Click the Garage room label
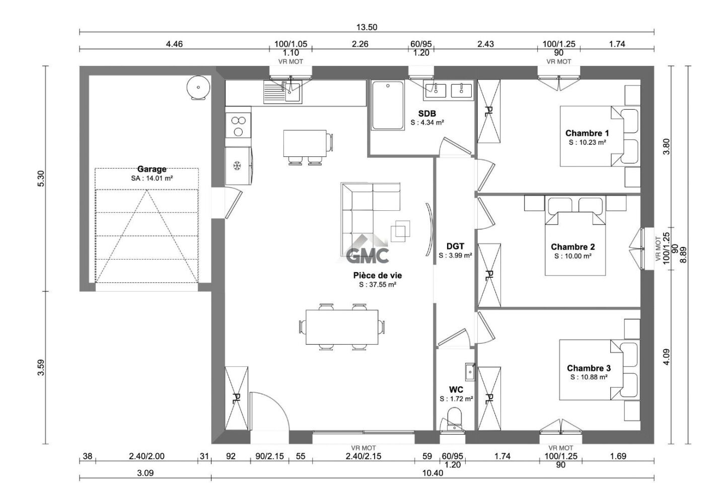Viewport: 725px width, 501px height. [152, 170]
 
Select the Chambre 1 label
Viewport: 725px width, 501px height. [587, 133]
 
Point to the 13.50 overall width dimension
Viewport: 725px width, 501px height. [367, 27]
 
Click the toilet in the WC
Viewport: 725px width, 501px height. [455, 418]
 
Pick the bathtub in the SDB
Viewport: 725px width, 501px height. [388, 105]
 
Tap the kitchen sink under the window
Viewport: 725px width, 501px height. [282, 93]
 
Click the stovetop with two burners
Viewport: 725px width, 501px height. [238, 126]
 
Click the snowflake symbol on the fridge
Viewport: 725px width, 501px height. [236, 165]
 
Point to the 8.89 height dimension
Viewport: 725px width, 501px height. [683, 255]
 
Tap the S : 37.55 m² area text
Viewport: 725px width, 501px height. [378, 285]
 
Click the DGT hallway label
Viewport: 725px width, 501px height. [455, 246]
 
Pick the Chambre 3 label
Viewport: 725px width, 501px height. [589, 368]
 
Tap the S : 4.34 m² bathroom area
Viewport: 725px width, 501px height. [427, 122]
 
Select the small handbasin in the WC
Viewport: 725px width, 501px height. [469, 372]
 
